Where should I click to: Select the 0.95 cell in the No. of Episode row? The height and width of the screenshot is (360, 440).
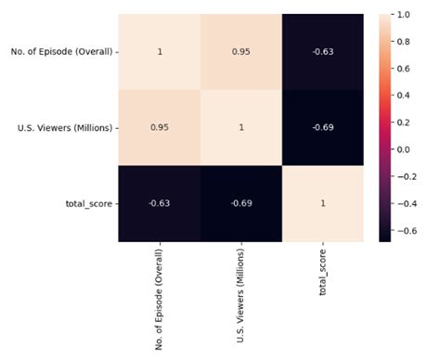pyautogui.click(x=240, y=51)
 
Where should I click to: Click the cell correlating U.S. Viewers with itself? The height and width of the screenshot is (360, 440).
pyautogui.click(x=240, y=126)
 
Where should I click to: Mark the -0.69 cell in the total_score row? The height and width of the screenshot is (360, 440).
pyautogui.click(x=240, y=202)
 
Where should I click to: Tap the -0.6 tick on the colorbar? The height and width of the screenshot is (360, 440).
pyautogui.click(x=419, y=228)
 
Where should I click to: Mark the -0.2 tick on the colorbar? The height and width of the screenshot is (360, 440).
pyautogui.click(x=419, y=175)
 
